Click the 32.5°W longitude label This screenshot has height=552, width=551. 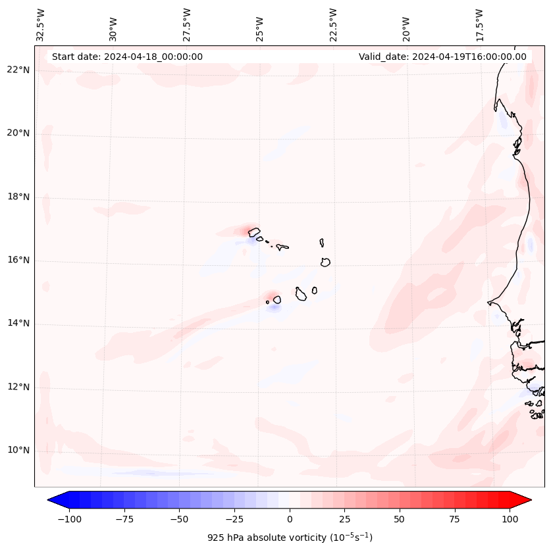[x=41, y=24]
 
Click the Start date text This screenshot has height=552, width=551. [x=127, y=57]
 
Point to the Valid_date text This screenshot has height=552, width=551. [x=442, y=57]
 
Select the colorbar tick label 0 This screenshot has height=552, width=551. [x=290, y=519]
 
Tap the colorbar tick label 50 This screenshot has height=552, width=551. [x=400, y=519]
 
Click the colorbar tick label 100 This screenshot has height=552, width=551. [x=510, y=519]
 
